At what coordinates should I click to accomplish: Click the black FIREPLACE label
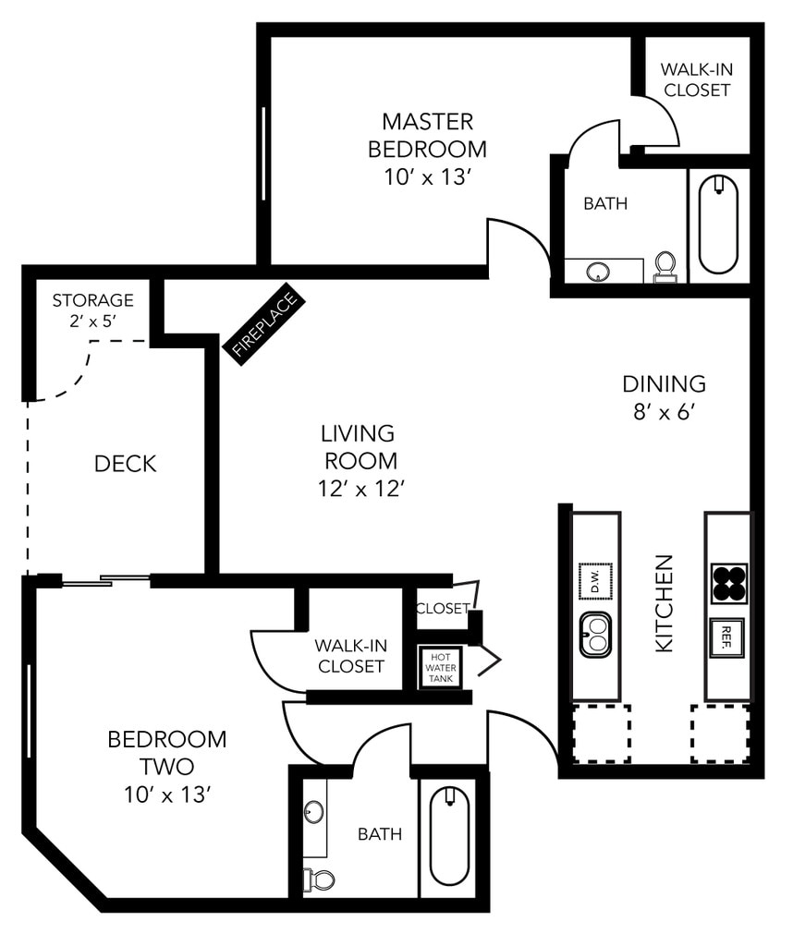265,325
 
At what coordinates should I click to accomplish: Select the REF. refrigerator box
727,637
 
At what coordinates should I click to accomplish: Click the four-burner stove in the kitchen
728,583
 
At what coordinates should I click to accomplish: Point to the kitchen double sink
596,637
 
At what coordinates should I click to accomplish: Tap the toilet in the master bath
665,266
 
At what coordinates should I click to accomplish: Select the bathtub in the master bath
718,224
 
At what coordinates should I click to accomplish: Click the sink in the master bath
599,272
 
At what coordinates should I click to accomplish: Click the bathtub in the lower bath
450,835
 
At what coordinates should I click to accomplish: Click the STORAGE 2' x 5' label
92,309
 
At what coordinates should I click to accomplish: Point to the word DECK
126,464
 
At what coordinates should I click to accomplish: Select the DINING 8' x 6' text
664,395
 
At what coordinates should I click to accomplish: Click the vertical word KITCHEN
665,603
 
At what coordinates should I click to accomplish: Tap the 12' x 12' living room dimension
359,489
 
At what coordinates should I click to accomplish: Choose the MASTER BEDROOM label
428,135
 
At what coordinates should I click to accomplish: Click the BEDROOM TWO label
167,752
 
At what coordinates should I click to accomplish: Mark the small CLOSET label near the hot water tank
442,609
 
